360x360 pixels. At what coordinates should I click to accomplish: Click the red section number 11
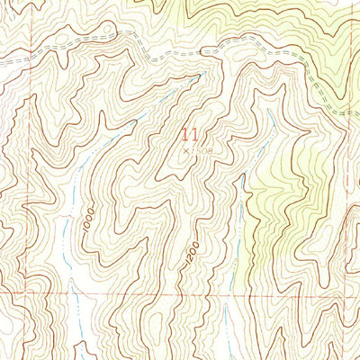[188, 137]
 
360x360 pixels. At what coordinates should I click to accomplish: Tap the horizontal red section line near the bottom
[180, 293]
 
